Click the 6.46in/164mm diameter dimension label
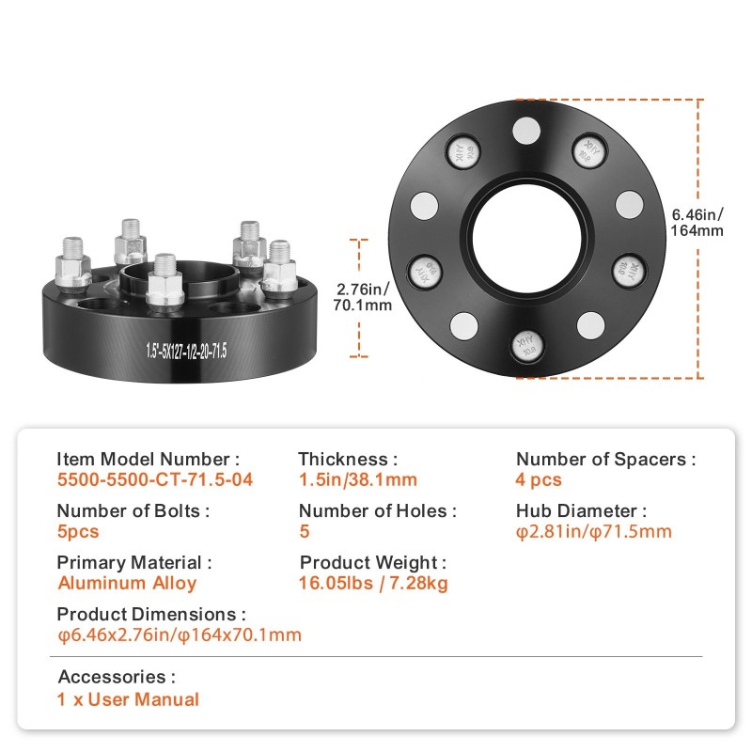(697, 222)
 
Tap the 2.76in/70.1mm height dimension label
(363, 297)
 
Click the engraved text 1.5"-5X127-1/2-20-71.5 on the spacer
(186, 351)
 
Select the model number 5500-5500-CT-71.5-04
(155, 479)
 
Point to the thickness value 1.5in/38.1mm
(358, 479)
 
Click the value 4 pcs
(539, 480)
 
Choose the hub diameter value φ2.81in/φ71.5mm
(594, 531)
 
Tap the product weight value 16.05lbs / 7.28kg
(373, 583)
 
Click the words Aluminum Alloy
(127, 583)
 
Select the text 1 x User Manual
(128, 699)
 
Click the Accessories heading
(117, 677)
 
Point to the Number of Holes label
(378, 510)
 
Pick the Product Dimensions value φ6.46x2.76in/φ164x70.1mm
(180, 635)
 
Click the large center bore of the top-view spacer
(526, 238)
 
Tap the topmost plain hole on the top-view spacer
(526, 131)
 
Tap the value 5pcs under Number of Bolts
(78, 531)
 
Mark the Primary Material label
(134, 562)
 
